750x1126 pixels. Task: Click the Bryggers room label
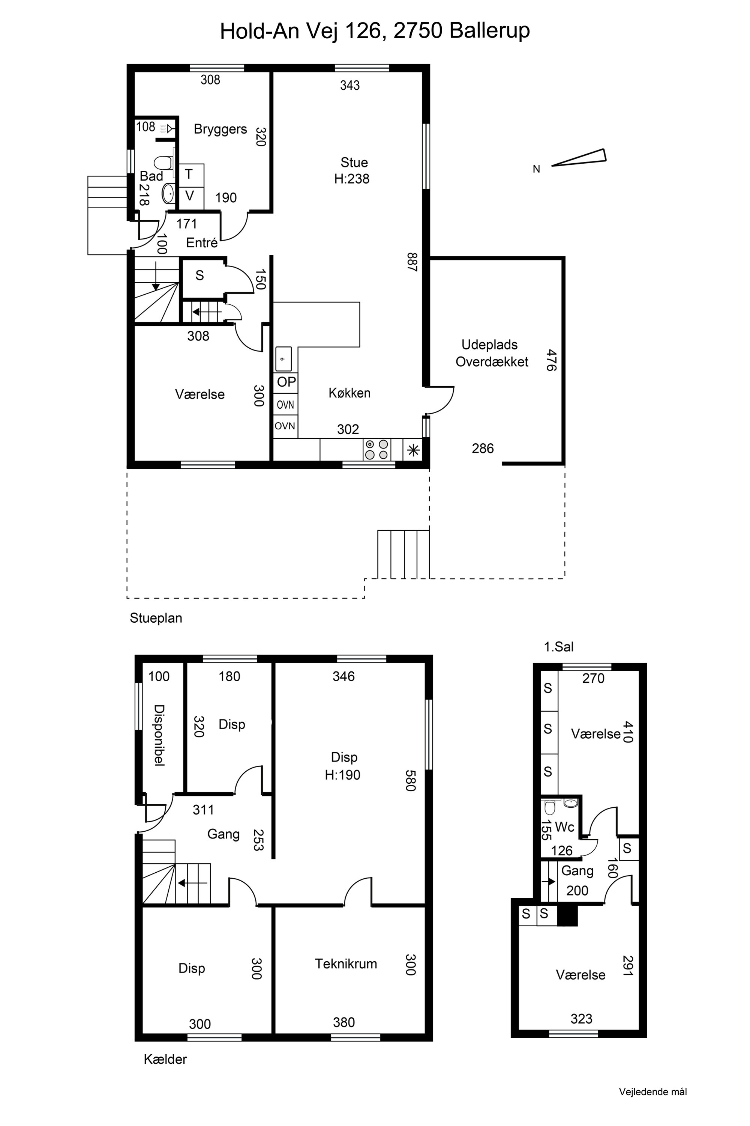click(x=220, y=129)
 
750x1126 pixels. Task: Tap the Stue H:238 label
click(x=352, y=170)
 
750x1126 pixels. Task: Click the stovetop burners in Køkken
click(x=376, y=450)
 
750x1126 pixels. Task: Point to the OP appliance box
click(x=286, y=382)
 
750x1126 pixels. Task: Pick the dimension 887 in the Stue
click(x=412, y=262)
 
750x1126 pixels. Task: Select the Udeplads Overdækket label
click(x=491, y=353)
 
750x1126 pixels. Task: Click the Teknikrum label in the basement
click(x=346, y=964)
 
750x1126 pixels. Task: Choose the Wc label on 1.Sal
click(x=564, y=827)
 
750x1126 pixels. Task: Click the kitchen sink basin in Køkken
click(x=283, y=358)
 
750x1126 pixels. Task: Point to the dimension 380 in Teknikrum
click(x=344, y=1022)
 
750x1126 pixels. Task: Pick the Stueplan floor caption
click(x=156, y=618)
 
